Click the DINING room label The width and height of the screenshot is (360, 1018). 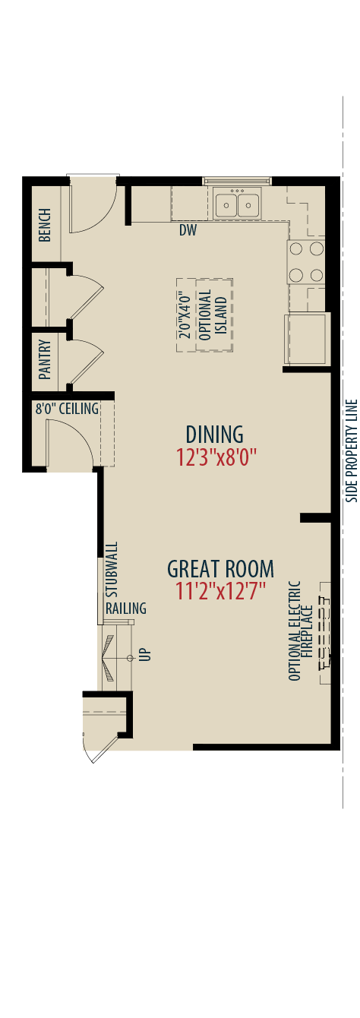(x=214, y=435)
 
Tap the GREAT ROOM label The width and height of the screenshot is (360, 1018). (x=221, y=569)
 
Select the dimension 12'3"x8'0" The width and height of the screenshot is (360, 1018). (x=216, y=457)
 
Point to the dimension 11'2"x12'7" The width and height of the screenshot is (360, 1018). (x=220, y=591)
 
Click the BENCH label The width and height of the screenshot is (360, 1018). (x=45, y=226)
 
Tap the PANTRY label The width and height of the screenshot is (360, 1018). (x=45, y=359)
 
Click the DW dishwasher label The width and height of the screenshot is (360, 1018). (x=188, y=230)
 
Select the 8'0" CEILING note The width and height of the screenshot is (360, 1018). (x=67, y=409)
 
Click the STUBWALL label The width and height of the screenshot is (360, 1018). (x=112, y=570)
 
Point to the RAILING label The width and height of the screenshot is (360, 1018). (x=126, y=608)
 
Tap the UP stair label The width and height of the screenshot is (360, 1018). (x=147, y=654)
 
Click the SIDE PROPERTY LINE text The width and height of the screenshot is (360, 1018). (x=352, y=451)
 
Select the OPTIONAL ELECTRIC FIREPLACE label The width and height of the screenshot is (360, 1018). (x=301, y=631)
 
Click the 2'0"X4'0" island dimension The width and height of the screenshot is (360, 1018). (x=185, y=315)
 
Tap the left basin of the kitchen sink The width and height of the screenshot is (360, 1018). (x=226, y=204)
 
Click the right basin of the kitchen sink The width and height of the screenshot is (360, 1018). (x=248, y=204)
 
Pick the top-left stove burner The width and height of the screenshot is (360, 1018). (x=296, y=248)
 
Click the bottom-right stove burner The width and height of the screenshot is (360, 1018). (x=317, y=275)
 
